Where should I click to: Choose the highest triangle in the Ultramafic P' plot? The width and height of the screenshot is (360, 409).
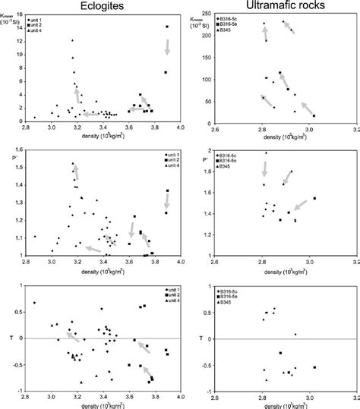tap(265, 153)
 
